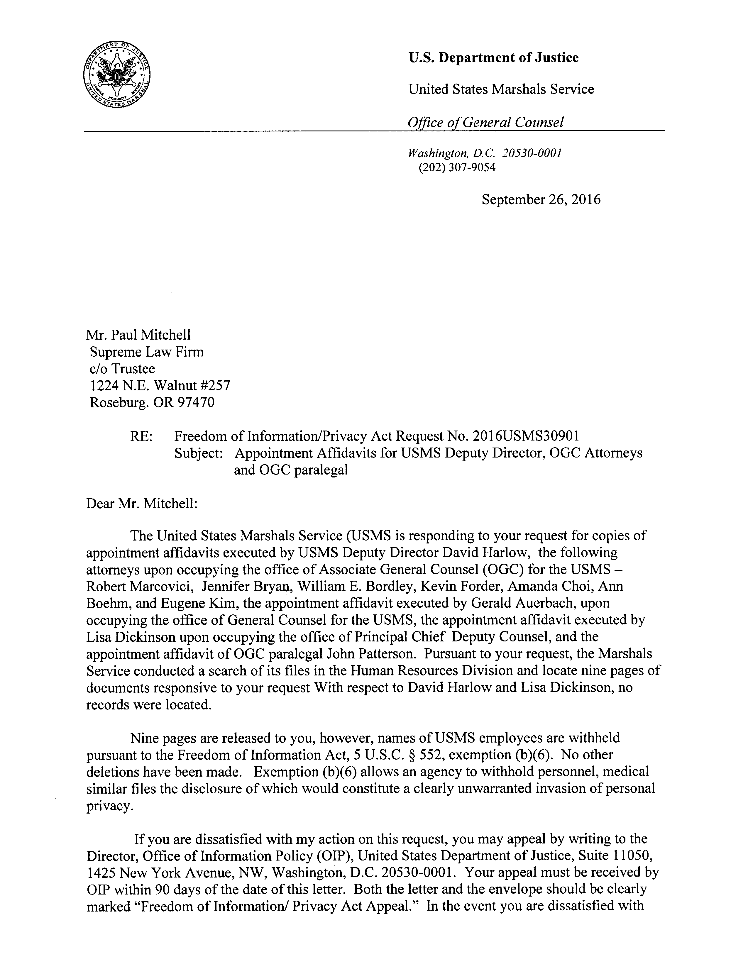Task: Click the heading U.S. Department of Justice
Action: click(493, 58)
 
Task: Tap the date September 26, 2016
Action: click(541, 200)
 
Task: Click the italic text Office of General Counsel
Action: click(486, 122)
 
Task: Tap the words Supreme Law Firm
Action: click(147, 352)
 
